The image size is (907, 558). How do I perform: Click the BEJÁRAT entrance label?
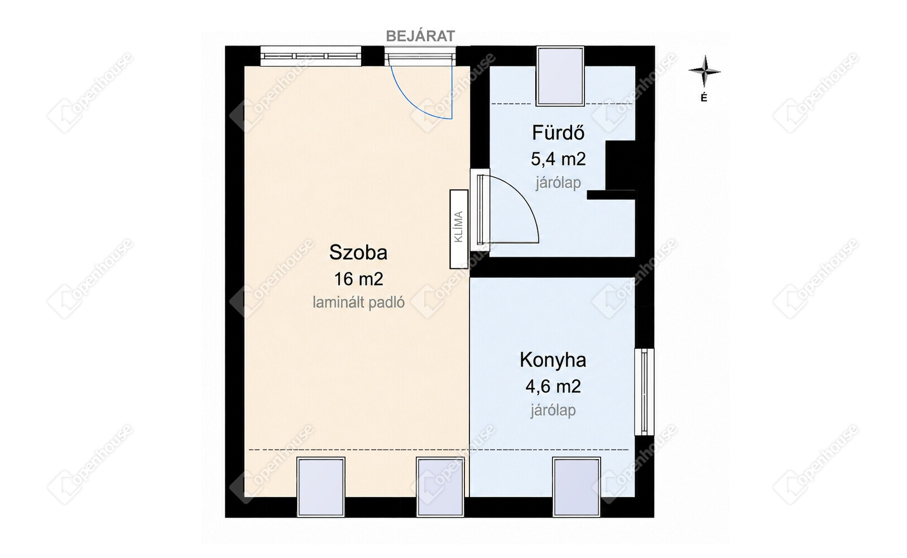[x=420, y=36]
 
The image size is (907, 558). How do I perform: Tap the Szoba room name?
[x=358, y=252]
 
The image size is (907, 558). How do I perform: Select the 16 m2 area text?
[x=358, y=279]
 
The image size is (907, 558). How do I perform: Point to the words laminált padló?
[x=358, y=302]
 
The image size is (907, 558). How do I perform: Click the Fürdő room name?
[x=558, y=132]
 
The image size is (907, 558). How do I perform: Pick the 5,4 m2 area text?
[x=558, y=159]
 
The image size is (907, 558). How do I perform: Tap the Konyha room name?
[x=553, y=360]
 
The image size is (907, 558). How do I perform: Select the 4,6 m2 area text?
[x=553, y=387]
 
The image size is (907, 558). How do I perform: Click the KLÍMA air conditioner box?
[x=459, y=229]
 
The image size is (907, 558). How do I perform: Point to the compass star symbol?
[x=704, y=71]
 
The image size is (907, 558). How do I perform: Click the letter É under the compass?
[x=704, y=98]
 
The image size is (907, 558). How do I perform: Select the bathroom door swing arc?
[x=525, y=199]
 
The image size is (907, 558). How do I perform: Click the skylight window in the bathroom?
[x=560, y=76]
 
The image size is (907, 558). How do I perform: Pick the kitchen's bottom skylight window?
[x=576, y=487]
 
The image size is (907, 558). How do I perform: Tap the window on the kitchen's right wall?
[x=644, y=392]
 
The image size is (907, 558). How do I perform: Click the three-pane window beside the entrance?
[x=310, y=56]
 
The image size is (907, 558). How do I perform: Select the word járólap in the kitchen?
[x=553, y=411]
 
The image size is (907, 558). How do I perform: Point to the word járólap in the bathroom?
[x=558, y=183]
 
